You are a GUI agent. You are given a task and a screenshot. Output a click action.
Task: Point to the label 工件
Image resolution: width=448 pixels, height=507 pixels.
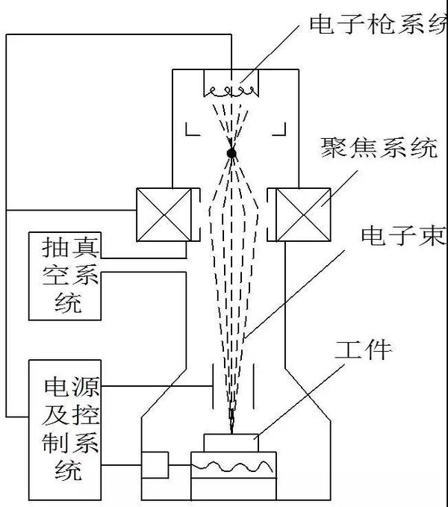pos(363,348)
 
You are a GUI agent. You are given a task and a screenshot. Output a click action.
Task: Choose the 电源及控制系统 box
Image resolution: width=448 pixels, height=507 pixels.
pos(64,429)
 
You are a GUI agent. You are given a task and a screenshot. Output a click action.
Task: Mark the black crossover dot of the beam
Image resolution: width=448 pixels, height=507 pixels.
pos(231,154)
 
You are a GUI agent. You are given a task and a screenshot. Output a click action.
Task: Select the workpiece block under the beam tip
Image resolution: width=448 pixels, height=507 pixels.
pos(231,443)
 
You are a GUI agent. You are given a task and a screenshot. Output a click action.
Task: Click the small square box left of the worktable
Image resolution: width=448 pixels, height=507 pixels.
pos(155,465)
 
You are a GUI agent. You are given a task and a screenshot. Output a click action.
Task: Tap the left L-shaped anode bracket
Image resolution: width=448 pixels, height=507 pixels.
pos(192,129)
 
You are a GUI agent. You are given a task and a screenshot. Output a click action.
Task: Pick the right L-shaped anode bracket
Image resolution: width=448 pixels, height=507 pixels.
pos(279,129)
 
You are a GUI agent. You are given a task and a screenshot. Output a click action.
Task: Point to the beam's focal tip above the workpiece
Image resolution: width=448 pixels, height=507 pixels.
pos(232,427)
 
